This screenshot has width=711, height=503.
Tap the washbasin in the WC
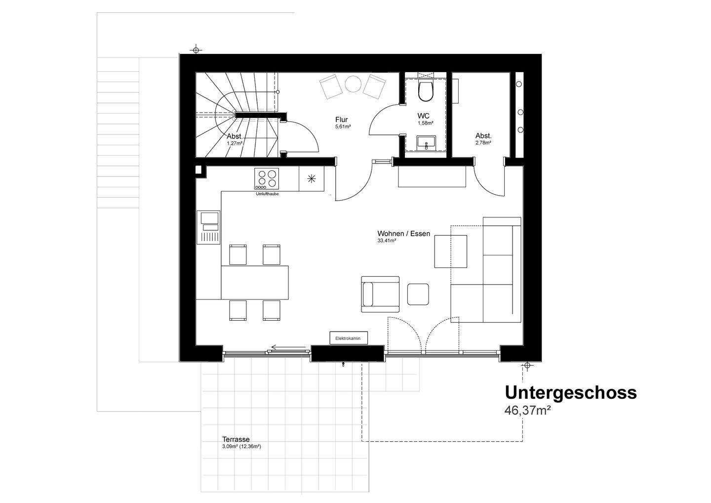click(426, 143)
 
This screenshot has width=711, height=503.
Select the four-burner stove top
click(266, 179)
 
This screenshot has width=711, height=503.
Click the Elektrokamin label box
click(348, 338)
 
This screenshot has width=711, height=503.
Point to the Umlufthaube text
click(267, 194)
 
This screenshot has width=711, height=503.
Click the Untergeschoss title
click(571, 393)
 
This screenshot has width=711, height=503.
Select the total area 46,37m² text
click(527, 410)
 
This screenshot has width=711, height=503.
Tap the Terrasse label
click(236, 439)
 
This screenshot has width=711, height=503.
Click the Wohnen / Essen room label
click(404, 233)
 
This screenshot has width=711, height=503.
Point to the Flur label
click(342, 120)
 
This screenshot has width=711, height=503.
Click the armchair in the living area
click(380, 294)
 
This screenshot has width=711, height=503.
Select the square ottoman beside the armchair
click(418, 294)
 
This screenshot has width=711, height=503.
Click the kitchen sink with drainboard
click(208, 227)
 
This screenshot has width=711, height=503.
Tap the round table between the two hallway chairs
click(354, 84)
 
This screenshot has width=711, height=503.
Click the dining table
click(255, 282)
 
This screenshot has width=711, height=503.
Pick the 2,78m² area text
click(483, 143)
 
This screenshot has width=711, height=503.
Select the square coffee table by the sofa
click(451, 251)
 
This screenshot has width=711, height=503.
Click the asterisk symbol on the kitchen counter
click(312, 179)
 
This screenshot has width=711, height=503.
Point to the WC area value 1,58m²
click(426, 123)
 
